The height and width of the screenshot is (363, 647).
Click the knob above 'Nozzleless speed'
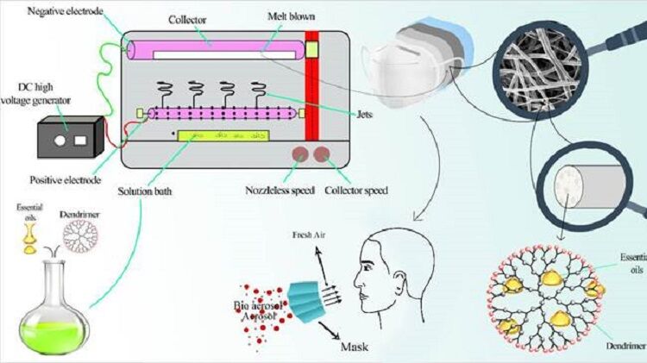[x=299, y=155]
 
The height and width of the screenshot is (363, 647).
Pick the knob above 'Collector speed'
[x=323, y=155]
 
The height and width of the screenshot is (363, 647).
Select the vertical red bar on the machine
[x=311, y=95]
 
